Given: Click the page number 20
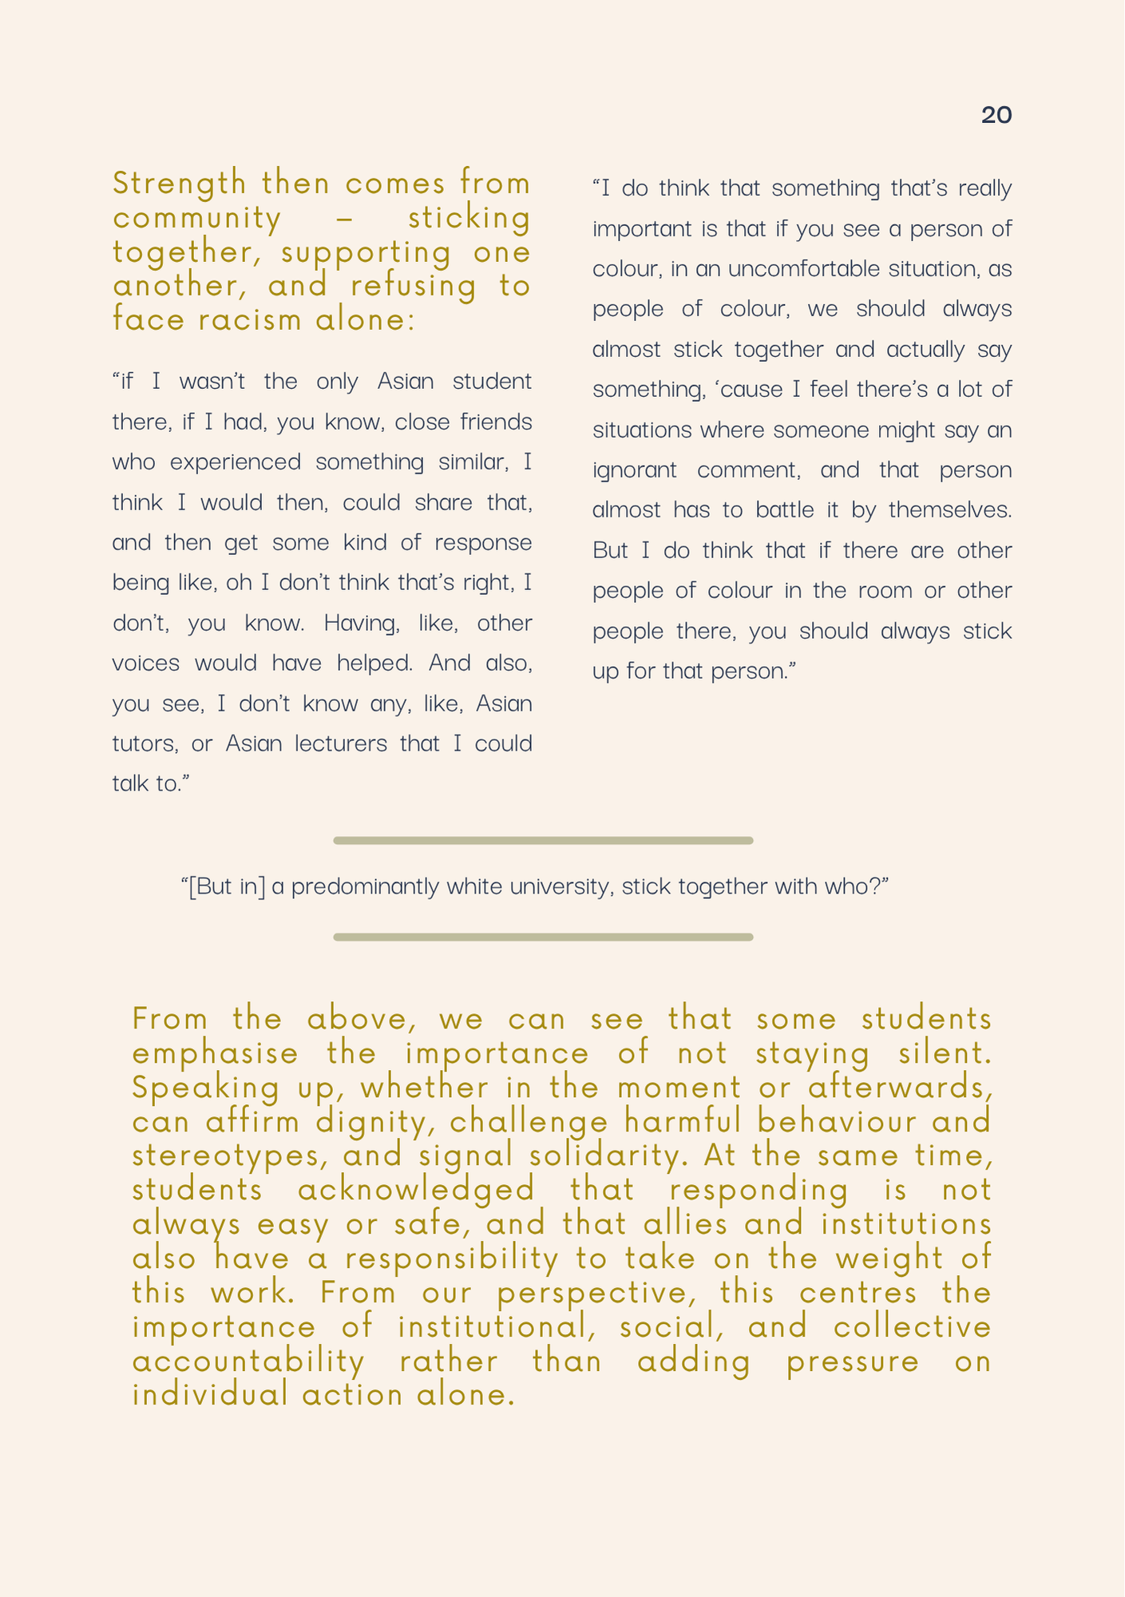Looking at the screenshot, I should pos(996,116).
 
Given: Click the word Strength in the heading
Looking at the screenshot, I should pos(180,184).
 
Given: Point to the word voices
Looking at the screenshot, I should pos(145,664).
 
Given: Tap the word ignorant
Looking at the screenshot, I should pos(634,470).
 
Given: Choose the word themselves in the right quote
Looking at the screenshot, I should pos(949,510).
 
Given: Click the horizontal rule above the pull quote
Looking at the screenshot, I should pos(543,841).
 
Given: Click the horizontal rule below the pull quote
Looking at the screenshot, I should pos(543,937).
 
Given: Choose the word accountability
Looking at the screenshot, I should pos(248,1362).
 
